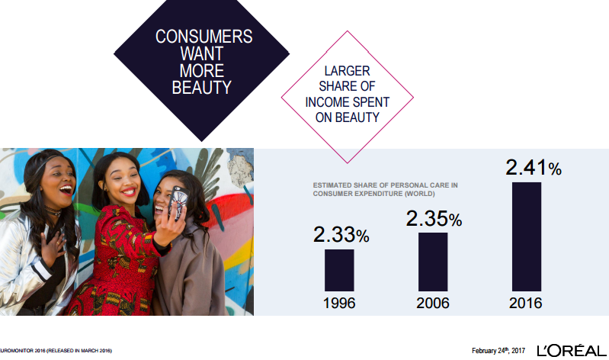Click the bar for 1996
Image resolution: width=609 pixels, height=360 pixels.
pyautogui.click(x=339, y=270)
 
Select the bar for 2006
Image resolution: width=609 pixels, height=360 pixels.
pyautogui.click(x=433, y=262)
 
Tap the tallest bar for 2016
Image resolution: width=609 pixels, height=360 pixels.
pyautogui.click(x=526, y=236)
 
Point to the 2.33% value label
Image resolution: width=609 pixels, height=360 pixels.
pyautogui.click(x=341, y=235)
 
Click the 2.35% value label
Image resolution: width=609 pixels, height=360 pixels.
pyautogui.click(x=434, y=218)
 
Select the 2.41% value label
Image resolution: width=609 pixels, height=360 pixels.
pyautogui.click(x=534, y=168)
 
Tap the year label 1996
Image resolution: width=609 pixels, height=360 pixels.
pyautogui.click(x=339, y=304)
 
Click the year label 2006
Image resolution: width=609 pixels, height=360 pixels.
pyautogui.click(x=433, y=304)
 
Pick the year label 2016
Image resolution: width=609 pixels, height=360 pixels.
pyautogui.click(x=525, y=304)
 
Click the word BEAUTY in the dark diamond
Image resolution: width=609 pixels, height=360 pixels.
pyautogui.click(x=201, y=88)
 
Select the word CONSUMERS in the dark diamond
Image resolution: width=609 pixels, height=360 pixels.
pyautogui.click(x=204, y=37)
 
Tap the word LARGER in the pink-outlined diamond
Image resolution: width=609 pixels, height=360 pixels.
pyautogui.click(x=347, y=71)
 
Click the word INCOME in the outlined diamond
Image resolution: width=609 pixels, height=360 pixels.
pyautogui.click(x=325, y=102)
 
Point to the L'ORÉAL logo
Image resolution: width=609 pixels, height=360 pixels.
pyautogui.click(x=572, y=351)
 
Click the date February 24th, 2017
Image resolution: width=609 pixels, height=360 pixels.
pyautogui.click(x=498, y=350)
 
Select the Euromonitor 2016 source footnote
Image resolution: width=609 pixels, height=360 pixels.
pyautogui.click(x=56, y=351)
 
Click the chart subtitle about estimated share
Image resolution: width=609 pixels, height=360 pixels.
pyautogui.click(x=385, y=189)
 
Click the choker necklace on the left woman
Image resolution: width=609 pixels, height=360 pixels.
pyautogui.click(x=53, y=211)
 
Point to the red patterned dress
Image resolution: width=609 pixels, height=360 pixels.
pyautogui.click(x=117, y=265)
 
